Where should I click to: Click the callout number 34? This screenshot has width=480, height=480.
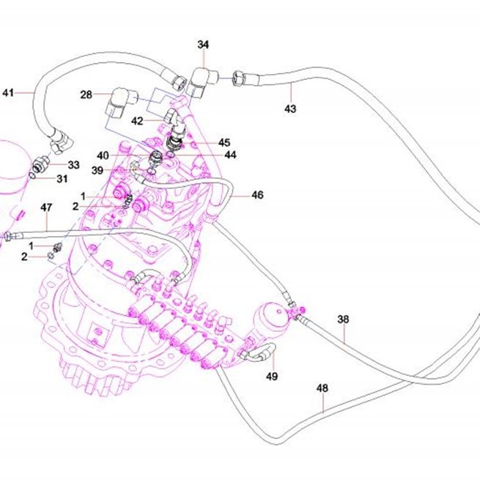[x=203, y=45]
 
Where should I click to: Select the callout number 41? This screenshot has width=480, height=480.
[x=8, y=92]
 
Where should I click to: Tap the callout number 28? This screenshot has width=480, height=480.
[x=86, y=95]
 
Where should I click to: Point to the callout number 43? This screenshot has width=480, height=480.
[x=290, y=108]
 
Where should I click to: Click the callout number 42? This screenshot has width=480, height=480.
[x=137, y=121]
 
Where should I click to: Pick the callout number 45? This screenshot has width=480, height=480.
[x=224, y=143]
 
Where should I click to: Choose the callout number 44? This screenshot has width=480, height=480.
[x=230, y=155]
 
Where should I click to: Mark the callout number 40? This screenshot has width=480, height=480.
[x=103, y=156]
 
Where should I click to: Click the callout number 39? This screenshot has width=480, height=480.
[x=97, y=171]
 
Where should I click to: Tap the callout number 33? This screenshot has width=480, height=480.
[x=73, y=165]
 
